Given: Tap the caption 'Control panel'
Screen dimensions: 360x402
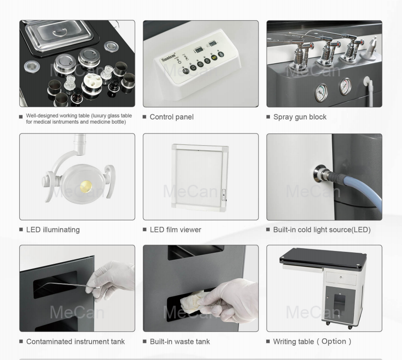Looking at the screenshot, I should click(x=171, y=117).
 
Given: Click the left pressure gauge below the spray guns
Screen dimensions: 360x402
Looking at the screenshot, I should click(x=322, y=92).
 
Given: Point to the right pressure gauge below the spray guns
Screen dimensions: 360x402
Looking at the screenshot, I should click(x=345, y=86).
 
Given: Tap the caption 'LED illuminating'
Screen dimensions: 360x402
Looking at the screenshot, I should click(x=53, y=230).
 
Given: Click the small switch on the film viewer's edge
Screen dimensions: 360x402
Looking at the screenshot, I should click(x=223, y=197).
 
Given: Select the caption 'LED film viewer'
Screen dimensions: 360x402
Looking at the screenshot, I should click(x=175, y=230).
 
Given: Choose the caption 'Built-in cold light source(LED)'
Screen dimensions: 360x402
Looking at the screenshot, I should click(x=322, y=230).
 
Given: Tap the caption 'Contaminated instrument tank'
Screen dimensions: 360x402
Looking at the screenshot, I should click(x=75, y=342).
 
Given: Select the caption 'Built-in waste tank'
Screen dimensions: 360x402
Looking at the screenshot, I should click(x=179, y=342).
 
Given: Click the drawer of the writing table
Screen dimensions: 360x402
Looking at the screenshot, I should click(x=341, y=279).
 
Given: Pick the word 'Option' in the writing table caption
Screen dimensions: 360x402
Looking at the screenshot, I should click(x=334, y=342).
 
